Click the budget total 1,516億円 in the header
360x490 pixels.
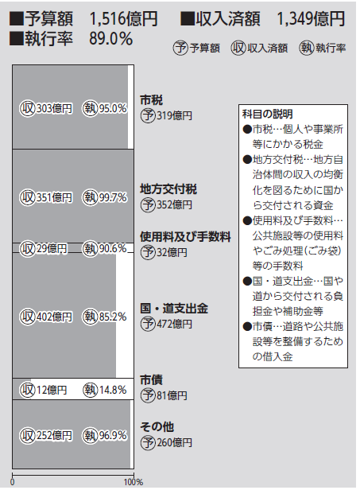point(124,18)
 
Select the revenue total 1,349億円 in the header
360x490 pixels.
point(311,18)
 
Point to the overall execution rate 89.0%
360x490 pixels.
point(110,39)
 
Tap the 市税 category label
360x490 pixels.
point(152,100)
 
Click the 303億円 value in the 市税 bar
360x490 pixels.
point(54,109)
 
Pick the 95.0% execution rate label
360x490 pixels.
point(113,109)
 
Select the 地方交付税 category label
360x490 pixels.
point(168,189)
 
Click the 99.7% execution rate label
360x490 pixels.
point(113,197)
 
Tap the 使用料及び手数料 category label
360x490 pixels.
point(185,237)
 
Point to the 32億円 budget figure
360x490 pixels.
point(172,252)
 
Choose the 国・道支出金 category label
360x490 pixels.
point(174,309)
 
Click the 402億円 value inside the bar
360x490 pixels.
point(54,317)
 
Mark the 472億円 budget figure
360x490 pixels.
point(174,324)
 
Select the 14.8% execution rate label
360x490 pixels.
point(113,390)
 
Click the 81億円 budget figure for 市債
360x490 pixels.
point(172,395)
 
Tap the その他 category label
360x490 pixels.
point(157,427)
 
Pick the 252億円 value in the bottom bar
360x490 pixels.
point(54,436)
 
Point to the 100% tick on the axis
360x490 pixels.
point(134,482)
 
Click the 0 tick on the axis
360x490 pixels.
point(13,482)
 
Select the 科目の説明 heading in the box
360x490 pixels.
point(268,115)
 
